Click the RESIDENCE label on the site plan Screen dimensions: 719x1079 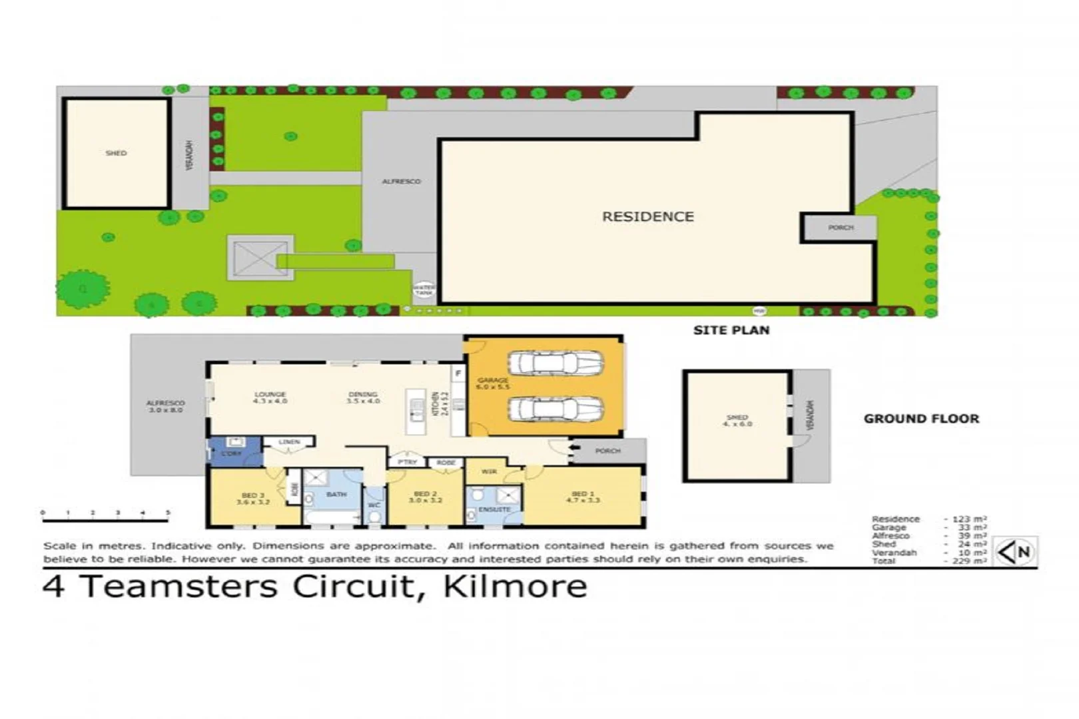647,216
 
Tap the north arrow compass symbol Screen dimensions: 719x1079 1015,551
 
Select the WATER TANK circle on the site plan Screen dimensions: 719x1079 424,290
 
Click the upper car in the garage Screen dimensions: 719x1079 555,363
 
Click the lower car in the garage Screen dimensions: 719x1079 555,409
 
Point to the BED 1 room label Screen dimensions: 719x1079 583,497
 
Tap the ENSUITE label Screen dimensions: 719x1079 494,509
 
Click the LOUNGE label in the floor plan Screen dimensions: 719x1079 270,397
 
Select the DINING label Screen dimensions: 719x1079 363,397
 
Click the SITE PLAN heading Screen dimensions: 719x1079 731,330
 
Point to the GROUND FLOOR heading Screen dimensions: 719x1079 921,419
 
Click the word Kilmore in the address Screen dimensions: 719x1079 515,587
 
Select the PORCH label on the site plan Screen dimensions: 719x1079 841,228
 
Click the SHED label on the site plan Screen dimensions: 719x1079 116,153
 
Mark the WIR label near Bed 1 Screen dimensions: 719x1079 489,471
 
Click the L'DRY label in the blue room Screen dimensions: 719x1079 231,453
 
